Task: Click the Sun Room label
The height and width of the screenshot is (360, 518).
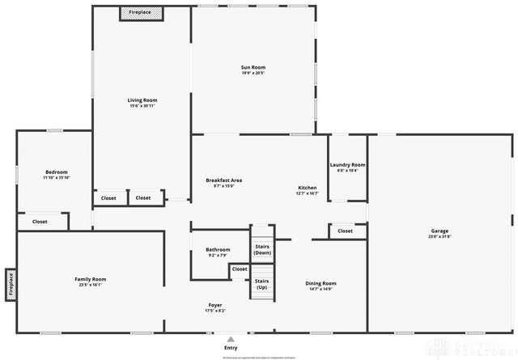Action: [x=253, y=67]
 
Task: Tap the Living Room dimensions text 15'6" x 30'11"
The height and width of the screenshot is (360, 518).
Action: [x=142, y=106]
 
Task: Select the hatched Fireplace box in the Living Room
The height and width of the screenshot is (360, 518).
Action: [x=142, y=13]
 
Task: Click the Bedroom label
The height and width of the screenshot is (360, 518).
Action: [x=56, y=172]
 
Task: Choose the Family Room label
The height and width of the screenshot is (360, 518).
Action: [x=91, y=279]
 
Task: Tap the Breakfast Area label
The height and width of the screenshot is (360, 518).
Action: [x=224, y=180]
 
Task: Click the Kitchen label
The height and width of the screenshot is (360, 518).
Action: [x=307, y=188]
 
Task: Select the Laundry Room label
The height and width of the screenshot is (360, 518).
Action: [x=347, y=165]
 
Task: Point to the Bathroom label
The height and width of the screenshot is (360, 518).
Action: [x=218, y=249]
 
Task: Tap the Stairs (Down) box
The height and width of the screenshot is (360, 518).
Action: [x=262, y=249]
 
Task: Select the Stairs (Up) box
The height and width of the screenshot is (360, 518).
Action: [x=262, y=284]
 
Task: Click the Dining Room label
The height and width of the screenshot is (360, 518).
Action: [x=321, y=283]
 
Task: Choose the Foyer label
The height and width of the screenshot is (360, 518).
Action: [x=214, y=305]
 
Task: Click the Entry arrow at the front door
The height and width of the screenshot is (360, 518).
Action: [x=231, y=339]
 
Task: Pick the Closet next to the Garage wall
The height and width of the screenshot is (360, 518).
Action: [x=345, y=231]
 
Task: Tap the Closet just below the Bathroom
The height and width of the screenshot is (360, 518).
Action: [x=240, y=269]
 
